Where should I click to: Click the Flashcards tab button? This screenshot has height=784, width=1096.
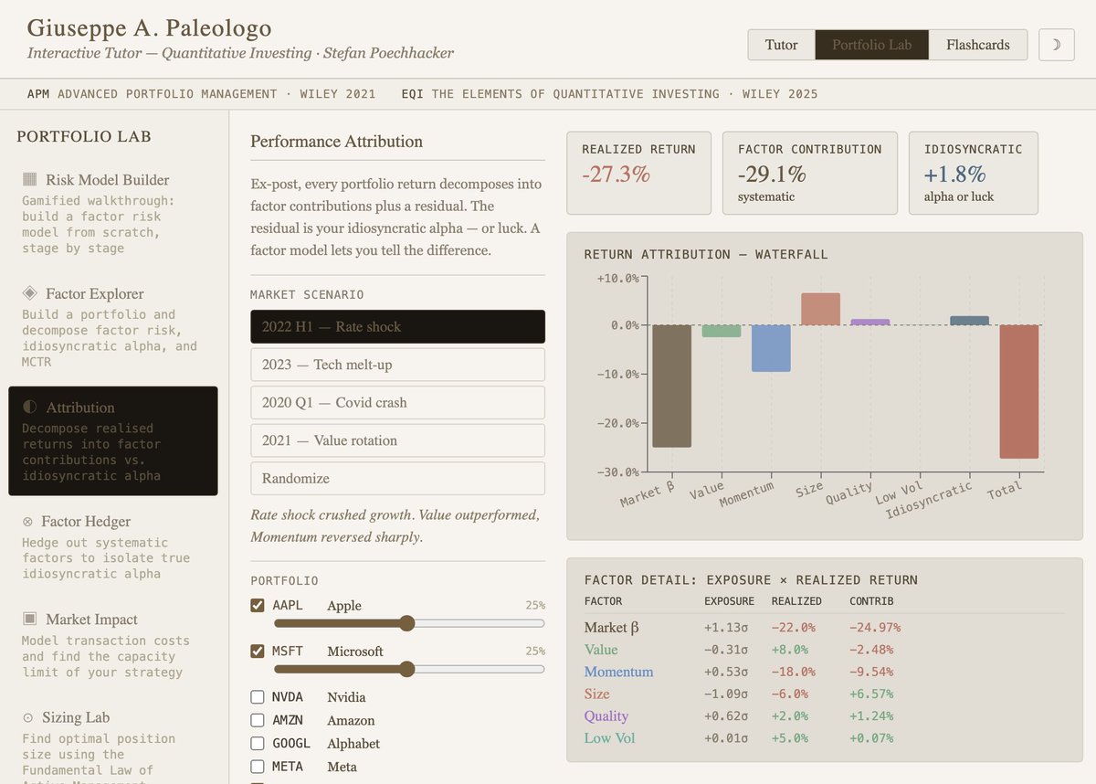977,45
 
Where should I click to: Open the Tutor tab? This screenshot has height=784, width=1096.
781,45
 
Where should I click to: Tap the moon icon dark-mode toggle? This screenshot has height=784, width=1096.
1057,45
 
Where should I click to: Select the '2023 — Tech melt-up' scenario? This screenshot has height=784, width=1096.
397,365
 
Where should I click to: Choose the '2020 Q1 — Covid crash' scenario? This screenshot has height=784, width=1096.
397,402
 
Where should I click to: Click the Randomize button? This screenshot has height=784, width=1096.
397,478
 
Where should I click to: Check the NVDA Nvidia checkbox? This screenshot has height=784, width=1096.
258,697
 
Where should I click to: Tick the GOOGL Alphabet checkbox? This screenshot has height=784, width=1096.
258,744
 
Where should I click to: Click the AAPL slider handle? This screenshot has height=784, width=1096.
407,623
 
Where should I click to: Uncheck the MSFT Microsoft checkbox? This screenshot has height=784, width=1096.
258,652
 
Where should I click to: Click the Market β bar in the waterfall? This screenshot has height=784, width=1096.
671,386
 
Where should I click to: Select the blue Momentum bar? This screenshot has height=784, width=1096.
771,348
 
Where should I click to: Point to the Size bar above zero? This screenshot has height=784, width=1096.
820,309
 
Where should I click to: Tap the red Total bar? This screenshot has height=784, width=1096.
1018,391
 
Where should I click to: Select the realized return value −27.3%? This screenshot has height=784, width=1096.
616,175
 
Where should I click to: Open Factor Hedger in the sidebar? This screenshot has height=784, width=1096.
88,522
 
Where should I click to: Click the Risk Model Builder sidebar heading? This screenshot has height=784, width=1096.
107,180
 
